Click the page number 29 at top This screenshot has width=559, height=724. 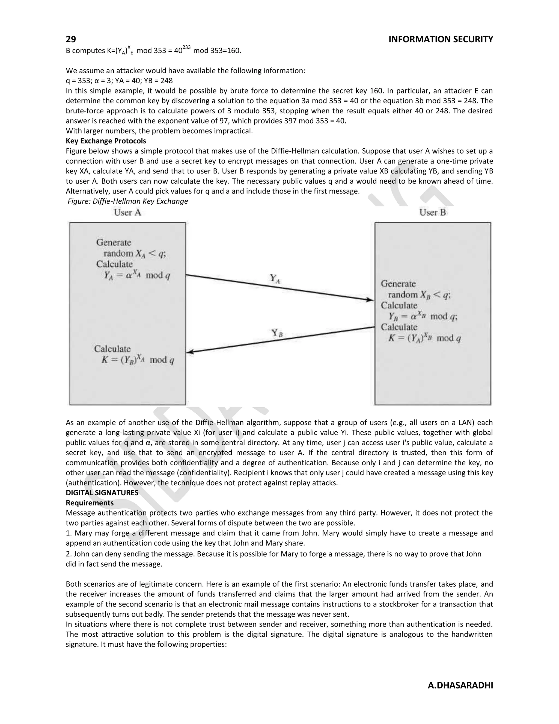(x=71, y=39)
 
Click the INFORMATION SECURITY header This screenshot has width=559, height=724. (x=441, y=39)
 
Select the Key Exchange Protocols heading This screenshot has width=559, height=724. (x=106, y=141)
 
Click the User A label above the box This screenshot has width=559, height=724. (x=127, y=213)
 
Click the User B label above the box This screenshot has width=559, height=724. (x=433, y=213)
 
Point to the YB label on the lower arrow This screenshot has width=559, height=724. (x=277, y=333)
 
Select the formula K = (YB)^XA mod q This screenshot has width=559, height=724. (x=138, y=360)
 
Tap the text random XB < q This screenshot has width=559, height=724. (x=419, y=295)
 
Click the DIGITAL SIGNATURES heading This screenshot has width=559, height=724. (x=102, y=493)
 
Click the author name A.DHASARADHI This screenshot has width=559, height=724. (x=460, y=685)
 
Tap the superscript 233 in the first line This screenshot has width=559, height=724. (x=186, y=48)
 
